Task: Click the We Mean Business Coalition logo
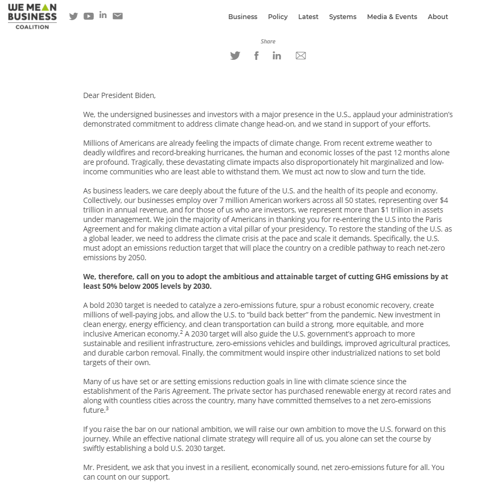(32, 16)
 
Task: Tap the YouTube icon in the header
(89, 16)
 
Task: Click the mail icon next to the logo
(118, 16)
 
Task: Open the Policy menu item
(278, 17)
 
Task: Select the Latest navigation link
(308, 17)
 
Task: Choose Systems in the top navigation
(342, 17)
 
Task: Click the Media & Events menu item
(392, 17)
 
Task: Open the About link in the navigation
(438, 17)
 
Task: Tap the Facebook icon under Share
(257, 56)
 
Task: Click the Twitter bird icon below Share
(235, 56)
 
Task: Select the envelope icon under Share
(301, 56)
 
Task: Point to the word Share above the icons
(268, 41)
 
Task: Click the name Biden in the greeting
(145, 96)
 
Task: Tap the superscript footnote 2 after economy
(181, 332)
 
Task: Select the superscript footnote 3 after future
(107, 409)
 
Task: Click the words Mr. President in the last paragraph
(106, 467)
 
